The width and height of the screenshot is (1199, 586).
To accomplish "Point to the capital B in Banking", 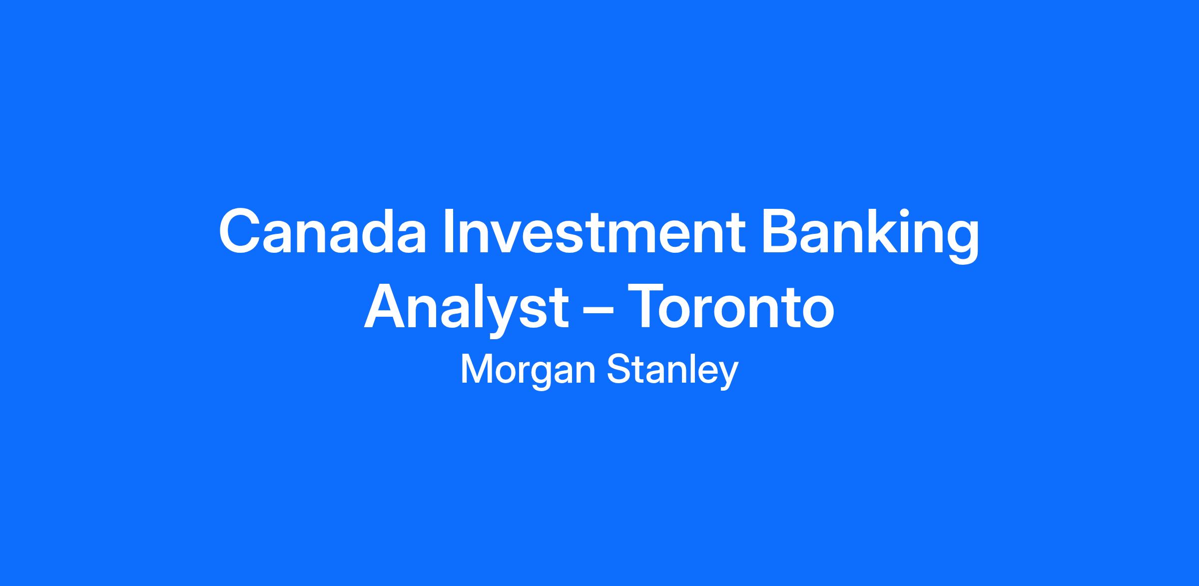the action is click(x=781, y=232).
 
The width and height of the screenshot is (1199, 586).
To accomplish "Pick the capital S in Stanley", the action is click(x=619, y=370).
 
